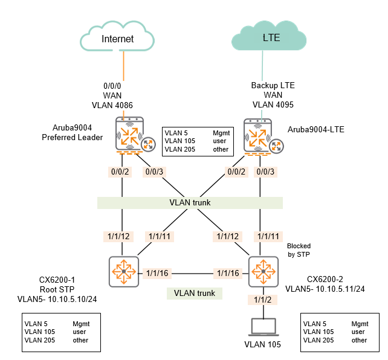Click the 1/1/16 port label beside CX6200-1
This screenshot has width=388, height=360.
tap(157, 274)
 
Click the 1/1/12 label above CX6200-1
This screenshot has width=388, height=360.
tap(118, 236)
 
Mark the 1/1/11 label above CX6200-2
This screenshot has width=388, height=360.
tap(270, 236)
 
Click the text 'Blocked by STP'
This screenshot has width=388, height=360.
tap(299, 251)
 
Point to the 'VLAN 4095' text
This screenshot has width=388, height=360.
tap(273, 104)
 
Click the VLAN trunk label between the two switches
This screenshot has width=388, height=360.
tap(193, 294)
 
